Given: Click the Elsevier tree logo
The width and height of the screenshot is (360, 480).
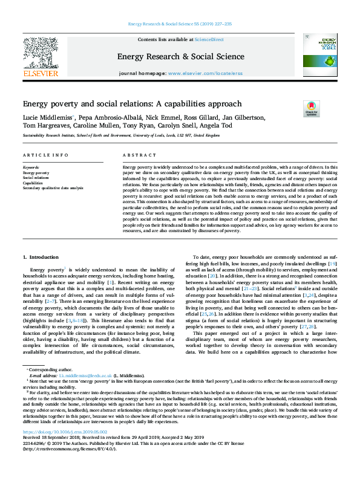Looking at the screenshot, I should (x=40, y=54).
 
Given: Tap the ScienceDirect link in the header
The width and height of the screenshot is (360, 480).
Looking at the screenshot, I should (x=209, y=39).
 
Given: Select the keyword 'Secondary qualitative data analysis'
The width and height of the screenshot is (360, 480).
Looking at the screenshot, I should (x=53, y=188).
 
